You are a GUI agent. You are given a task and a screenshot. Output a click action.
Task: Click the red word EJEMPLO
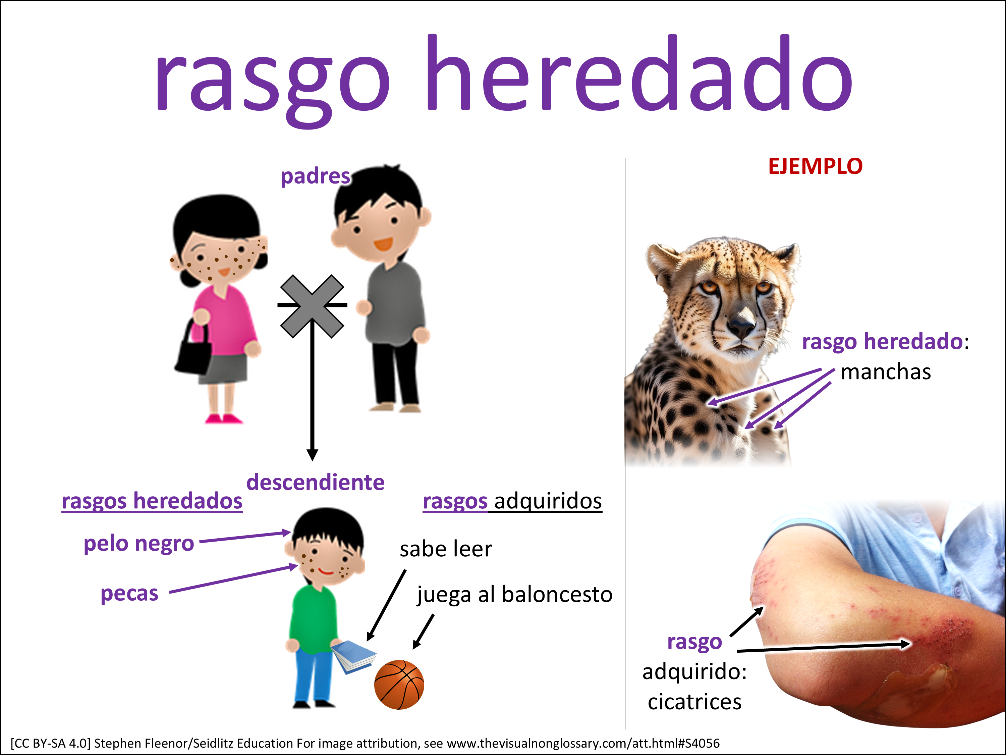815,166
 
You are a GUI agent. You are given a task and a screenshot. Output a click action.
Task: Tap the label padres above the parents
315,177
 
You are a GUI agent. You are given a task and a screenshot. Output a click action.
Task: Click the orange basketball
399,685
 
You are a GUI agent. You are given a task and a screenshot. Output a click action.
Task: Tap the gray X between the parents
312,306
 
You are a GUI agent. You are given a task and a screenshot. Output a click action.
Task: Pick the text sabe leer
446,549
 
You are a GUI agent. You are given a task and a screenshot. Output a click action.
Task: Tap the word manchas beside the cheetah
886,372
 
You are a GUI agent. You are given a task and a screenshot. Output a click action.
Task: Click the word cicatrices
694,702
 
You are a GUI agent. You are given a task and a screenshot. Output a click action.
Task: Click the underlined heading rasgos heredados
152,501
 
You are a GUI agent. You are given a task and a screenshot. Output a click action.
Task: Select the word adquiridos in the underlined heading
548,501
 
